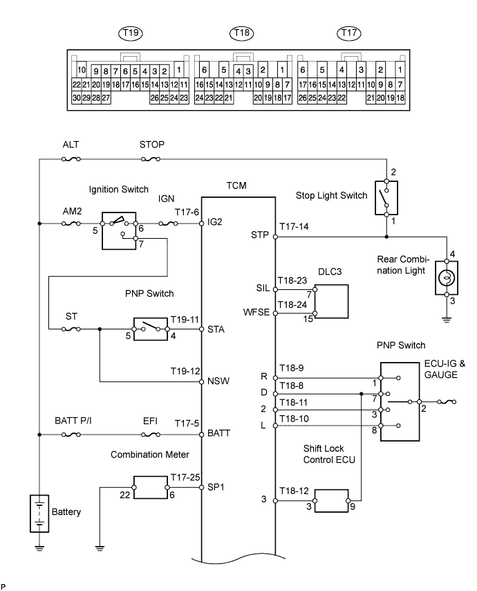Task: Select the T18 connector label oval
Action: (241, 33)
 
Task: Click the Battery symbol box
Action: (40, 513)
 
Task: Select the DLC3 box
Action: (332, 302)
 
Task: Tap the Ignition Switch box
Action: (121, 230)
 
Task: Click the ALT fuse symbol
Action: (71, 158)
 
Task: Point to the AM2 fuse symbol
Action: (71, 224)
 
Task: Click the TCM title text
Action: (236, 185)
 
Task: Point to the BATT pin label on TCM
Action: (218, 435)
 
